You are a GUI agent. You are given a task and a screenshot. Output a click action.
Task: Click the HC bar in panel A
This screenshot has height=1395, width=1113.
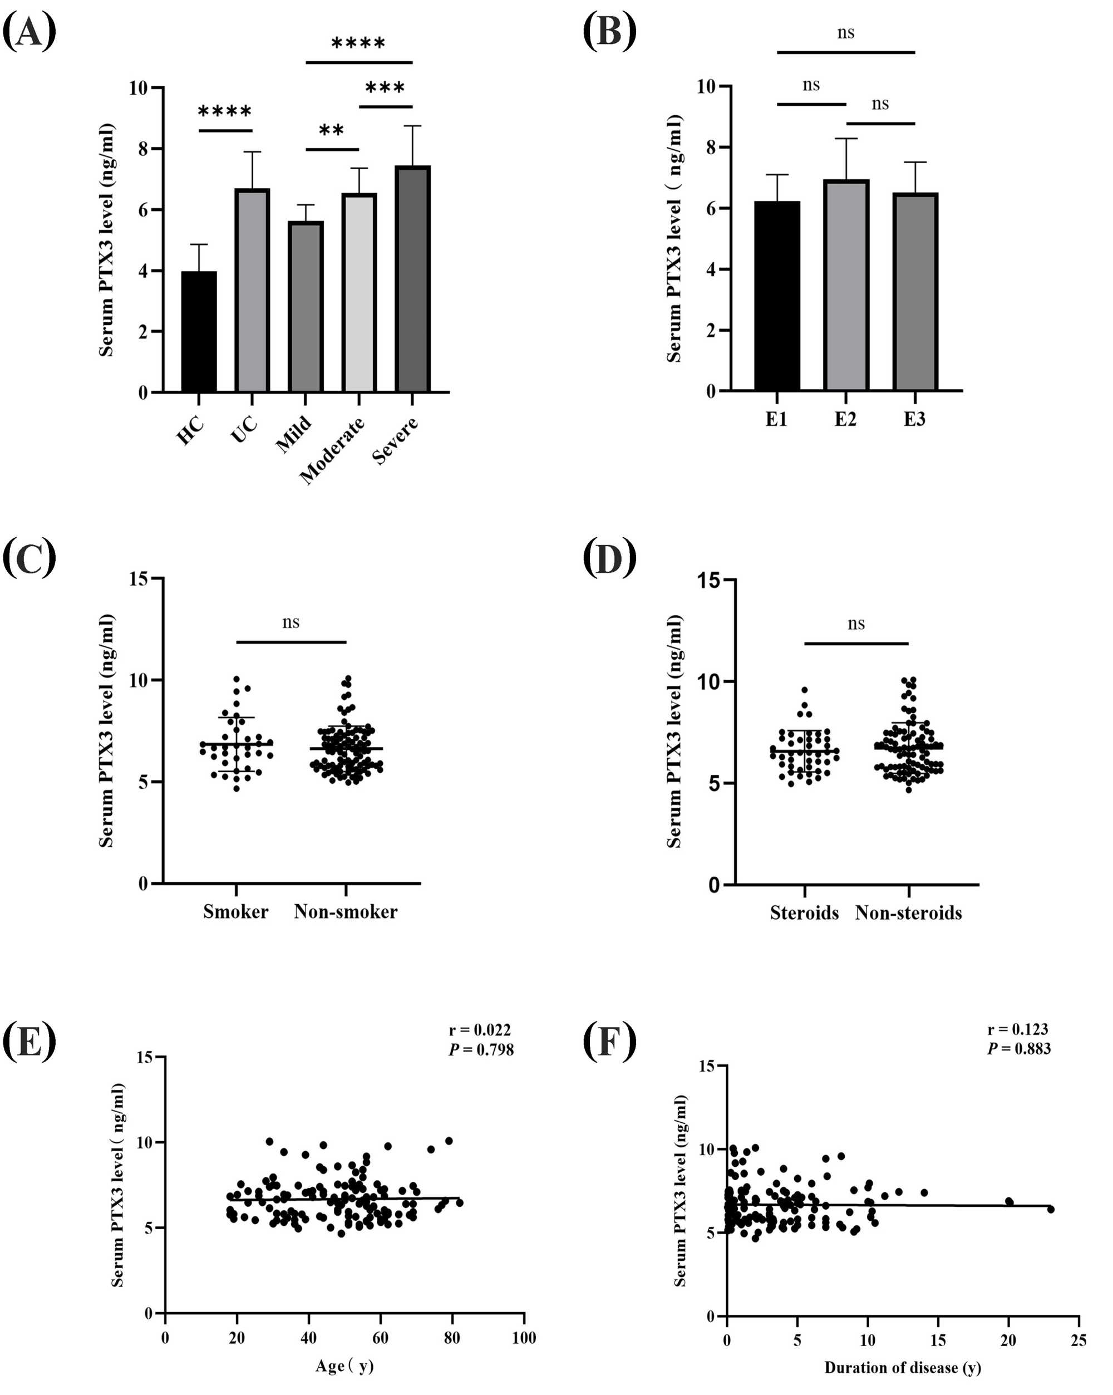199,331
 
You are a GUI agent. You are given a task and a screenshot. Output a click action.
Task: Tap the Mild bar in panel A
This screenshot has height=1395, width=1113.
306,307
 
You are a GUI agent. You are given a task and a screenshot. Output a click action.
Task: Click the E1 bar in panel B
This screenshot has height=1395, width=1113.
777,296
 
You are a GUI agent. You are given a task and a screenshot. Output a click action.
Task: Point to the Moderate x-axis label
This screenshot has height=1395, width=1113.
332,450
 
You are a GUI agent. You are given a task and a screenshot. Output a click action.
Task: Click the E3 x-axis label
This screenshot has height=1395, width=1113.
914,419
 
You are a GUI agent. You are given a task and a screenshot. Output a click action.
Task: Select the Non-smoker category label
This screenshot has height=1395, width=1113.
346,912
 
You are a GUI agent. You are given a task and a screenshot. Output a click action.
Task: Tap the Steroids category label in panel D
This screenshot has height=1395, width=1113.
804,913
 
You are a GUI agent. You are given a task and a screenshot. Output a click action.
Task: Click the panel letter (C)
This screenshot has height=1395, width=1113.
29,558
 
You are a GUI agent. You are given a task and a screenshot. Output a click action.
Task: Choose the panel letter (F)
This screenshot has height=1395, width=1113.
609,1041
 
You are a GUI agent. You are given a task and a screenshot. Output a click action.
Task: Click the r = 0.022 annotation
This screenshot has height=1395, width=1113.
480,1030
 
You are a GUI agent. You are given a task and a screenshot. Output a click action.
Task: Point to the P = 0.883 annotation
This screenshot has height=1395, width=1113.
1018,1049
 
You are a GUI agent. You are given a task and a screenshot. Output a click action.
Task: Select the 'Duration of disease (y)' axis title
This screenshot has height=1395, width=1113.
902,1367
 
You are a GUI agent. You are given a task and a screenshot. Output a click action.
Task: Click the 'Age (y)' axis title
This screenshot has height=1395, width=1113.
344,1366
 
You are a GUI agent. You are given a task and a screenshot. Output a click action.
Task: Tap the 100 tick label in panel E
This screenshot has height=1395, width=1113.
523,1338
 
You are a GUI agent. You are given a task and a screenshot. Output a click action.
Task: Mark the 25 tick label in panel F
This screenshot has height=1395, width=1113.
1078,1340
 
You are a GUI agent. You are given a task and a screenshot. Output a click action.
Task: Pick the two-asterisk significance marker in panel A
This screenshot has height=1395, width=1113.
331,131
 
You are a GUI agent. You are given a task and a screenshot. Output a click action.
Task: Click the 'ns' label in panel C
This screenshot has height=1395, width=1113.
290,622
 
